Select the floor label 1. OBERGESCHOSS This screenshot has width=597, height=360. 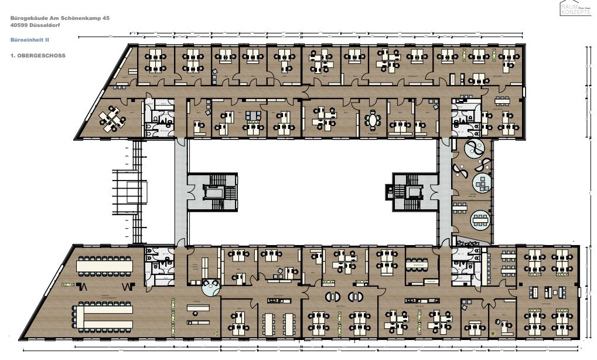(x=37, y=55)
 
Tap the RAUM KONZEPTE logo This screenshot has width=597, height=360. (x=575, y=8)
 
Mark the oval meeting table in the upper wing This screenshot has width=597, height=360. (x=372, y=120)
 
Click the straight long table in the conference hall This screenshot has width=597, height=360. (x=105, y=266)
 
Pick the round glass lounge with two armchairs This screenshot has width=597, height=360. (x=210, y=287)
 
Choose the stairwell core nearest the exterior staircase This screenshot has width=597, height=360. (x=212, y=192)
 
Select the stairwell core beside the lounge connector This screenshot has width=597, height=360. (x=415, y=192)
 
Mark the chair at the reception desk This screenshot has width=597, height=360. (x=499, y=321)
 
